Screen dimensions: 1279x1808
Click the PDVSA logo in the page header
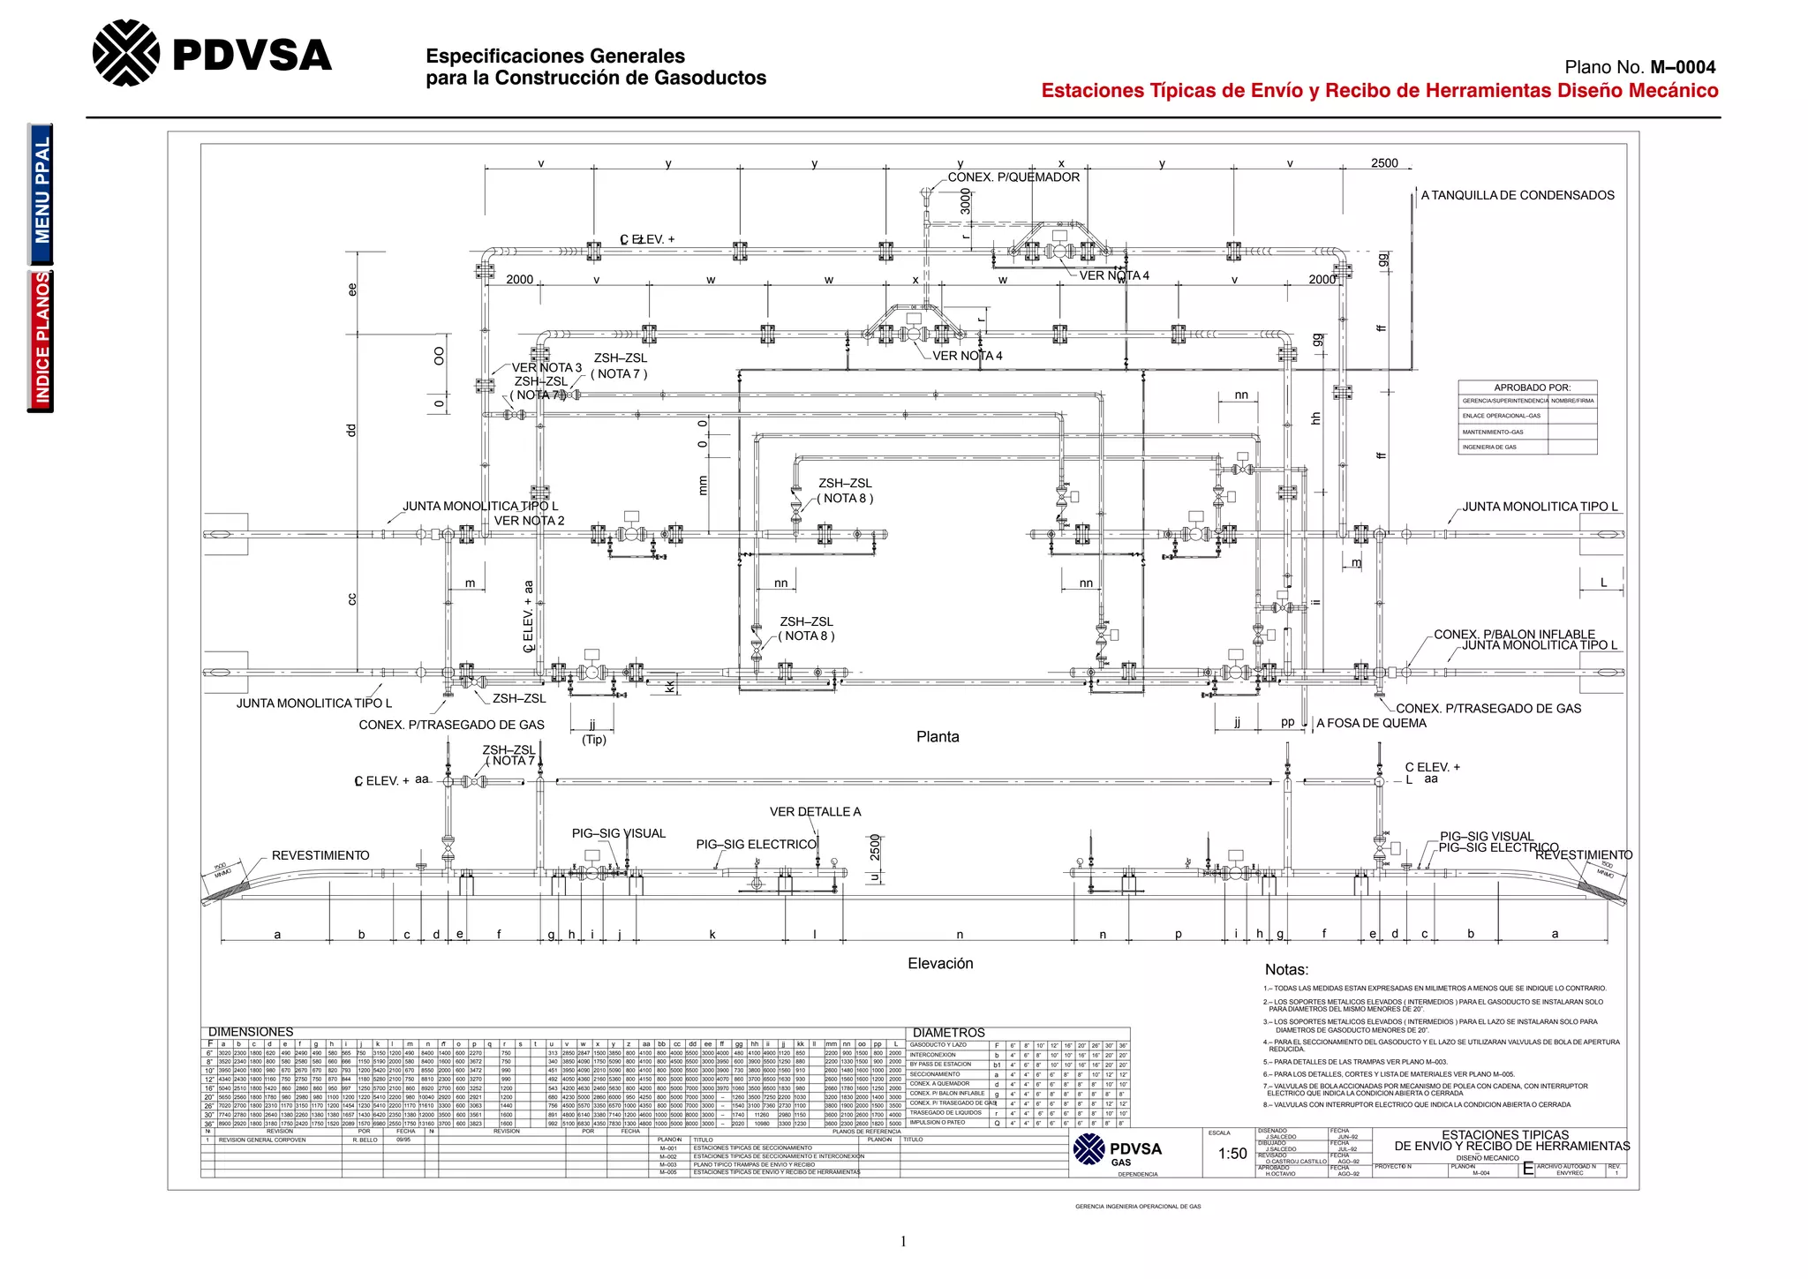point(212,55)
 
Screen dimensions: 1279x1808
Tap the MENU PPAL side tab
point(41,192)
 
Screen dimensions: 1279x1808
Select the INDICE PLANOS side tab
point(41,341)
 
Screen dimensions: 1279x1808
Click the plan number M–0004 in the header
point(1683,67)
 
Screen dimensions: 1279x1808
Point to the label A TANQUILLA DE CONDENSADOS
point(1518,195)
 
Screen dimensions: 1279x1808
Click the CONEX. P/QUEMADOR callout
point(1013,177)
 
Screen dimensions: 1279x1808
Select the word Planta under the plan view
point(938,737)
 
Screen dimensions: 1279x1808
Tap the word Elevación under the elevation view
point(940,964)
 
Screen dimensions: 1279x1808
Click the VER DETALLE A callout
point(815,812)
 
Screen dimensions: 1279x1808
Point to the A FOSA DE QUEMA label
point(1371,723)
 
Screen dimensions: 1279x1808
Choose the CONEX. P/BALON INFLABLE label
point(1514,634)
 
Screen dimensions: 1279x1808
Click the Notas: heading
point(1286,969)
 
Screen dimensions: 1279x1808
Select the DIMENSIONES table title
point(251,1032)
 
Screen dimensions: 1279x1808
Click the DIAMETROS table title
point(948,1033)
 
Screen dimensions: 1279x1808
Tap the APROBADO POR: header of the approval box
point(1532,387)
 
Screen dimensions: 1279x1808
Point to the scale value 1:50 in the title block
point(1232,1154)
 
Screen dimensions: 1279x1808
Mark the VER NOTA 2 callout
point(529,521)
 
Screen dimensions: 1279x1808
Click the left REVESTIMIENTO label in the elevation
point(320,855)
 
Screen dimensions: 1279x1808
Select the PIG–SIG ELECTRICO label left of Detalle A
point(756,845)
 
